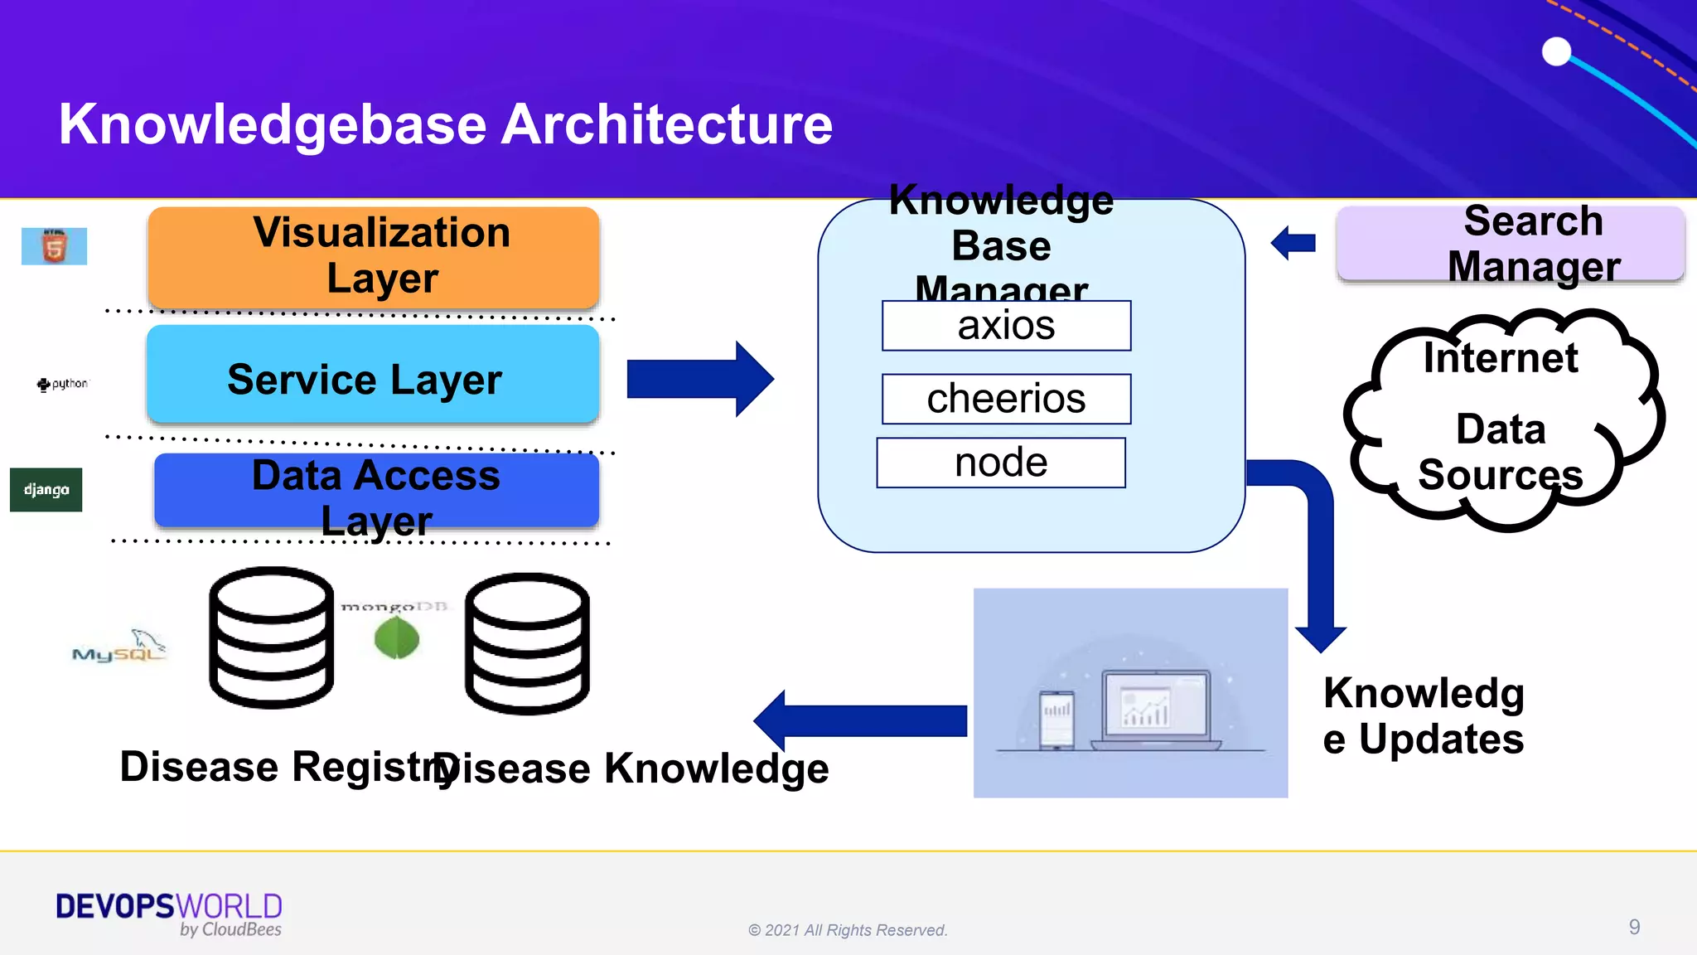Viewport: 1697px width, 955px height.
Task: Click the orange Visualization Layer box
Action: pos(373,257)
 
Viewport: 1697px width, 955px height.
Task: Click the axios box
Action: pos(1006,326)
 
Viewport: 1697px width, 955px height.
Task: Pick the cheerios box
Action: pos(1006,399)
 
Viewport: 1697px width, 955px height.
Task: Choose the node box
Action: pos(1001,463)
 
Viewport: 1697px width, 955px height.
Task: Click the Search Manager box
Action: pos(1510,244)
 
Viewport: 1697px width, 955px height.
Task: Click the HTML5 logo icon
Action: pos(54,246)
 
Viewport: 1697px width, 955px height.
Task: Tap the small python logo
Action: pos(62,384)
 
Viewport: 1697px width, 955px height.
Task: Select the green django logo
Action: pos(46,489)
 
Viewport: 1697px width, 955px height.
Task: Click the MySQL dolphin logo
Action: pos(120,647)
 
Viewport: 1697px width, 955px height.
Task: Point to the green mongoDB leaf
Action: pos(397,638)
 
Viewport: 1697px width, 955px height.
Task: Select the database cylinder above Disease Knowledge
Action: pos(527,643)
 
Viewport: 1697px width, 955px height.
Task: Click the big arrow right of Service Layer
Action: pos(700,379)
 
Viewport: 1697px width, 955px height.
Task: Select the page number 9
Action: pos(1634,927)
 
